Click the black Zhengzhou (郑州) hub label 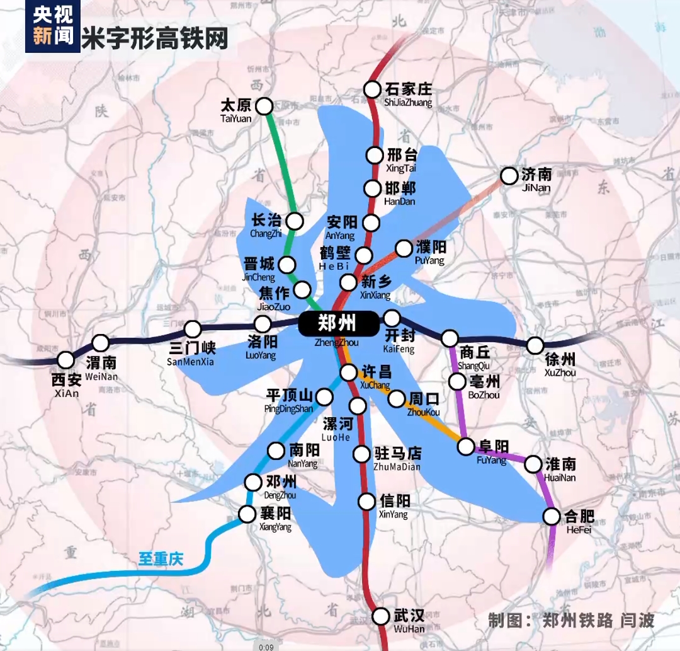(337, 324)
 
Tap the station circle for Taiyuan (264, 105)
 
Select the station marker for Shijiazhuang (373, 89)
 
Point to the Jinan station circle (509, 176)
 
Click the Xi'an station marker (65, 360)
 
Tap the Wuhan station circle (381, 616)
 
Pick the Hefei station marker (552, 517)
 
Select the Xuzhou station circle (535, 345)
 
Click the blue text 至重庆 (161, 558)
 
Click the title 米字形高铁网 (155, 38)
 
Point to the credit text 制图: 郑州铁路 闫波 (571, 620)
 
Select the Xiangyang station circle (247, 514)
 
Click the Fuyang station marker (466, 447)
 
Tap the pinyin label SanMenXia (191, 362)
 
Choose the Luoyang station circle (263, 325)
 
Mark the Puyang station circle (404, 248)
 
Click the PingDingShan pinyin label (288, 409)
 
